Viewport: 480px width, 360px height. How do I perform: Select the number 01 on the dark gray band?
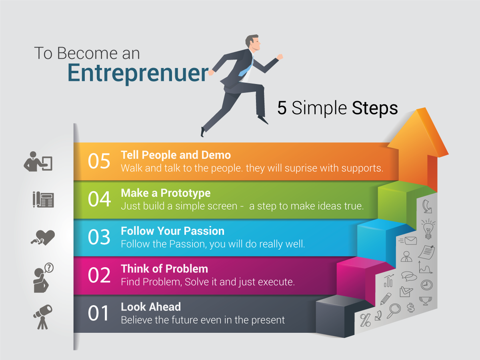[x=99, y=314]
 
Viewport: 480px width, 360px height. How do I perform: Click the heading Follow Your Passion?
[x=172, y=231]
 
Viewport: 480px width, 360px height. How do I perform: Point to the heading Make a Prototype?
[x=166, y=193]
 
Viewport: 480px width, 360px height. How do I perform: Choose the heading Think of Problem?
[x=164, y=268]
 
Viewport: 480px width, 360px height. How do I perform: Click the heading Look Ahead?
[x=151, y=307]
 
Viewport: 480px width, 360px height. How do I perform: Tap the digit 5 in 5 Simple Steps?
[x=282, y=108]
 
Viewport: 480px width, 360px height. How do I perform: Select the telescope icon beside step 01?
[x=42, y=316]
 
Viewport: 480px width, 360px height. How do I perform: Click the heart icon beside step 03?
[x=44, y=238]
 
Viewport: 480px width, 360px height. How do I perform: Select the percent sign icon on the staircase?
[x=365, y=320]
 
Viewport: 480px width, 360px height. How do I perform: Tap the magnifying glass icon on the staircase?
[x=394, y=310]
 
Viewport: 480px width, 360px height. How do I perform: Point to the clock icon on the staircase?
[x=426, y=285]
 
